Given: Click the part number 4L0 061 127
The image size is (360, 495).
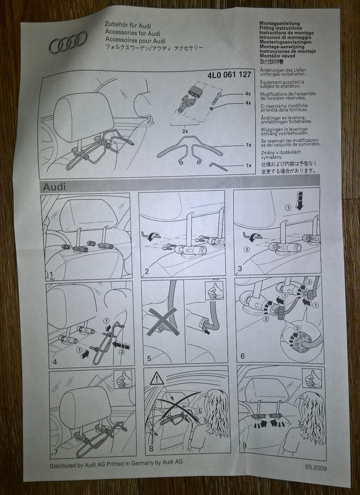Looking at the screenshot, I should pos(229,74).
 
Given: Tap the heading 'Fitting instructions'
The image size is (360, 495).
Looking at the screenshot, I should pos(280,28).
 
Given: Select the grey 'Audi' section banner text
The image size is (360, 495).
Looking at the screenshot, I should pos(56,187).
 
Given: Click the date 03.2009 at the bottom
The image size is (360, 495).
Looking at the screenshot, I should pos(315,467).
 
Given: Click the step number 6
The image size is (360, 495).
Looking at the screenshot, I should pos(243,356).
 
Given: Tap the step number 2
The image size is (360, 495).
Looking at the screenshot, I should pos(147,271).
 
